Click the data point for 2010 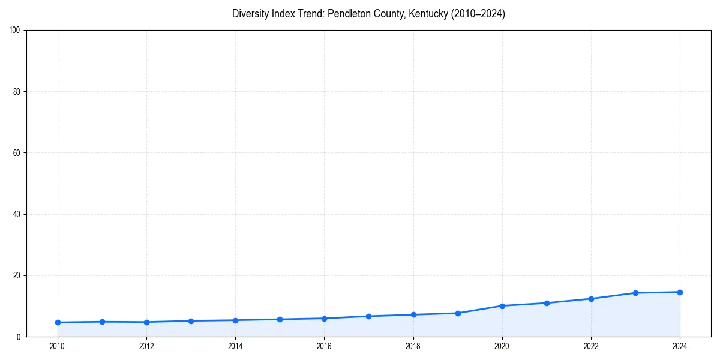pos(58,322)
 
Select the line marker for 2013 pos(191,321)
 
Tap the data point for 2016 pos(324,319)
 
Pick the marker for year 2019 pos(458,313)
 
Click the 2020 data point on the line pos(502,306)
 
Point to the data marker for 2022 pos(591,299)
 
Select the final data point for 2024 pos(680,292)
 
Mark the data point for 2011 pos(102,322)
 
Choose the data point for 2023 pos(635,293)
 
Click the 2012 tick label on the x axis pos(146,346)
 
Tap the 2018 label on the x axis pos(413,346)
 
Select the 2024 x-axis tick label pos(680,346)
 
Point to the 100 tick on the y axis pos(16,31)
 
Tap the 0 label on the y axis pos(19,337)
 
